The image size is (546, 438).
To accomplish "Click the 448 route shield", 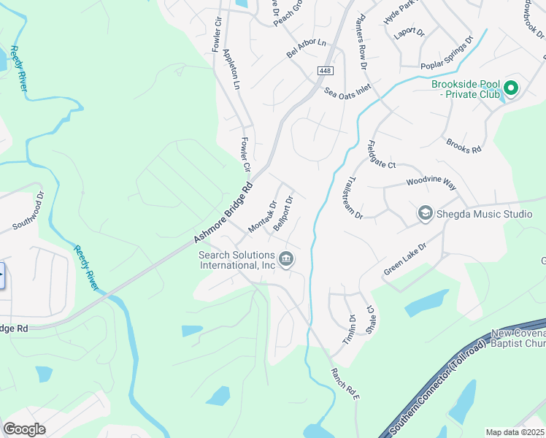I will pyautogui.click(x=325, y=70).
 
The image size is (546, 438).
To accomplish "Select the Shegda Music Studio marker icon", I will pyautogui.click(x=425, y=213).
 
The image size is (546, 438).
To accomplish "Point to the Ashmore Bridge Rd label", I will pyautogui.click(x=223, y=213).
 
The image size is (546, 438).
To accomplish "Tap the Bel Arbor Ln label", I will pyautogui.click(x=306, y=50).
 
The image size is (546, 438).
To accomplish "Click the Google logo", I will pyautogui.click(x=25, y=429).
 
